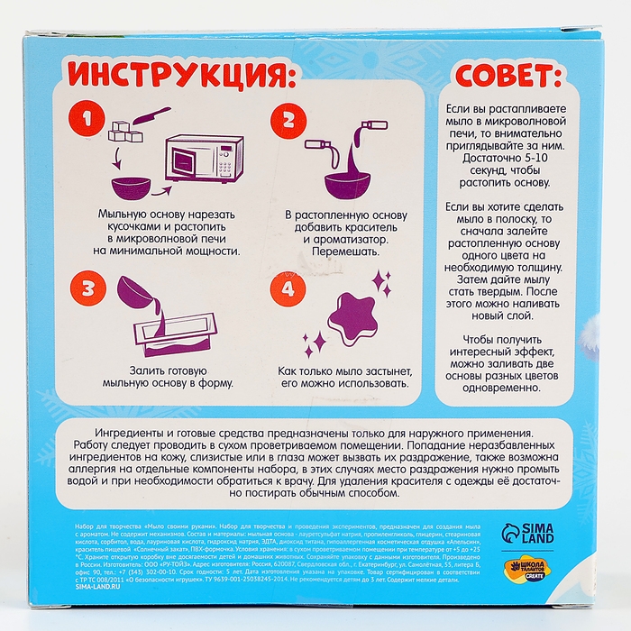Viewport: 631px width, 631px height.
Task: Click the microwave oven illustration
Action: [204, 160]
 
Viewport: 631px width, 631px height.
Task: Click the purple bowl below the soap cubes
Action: [132, 190]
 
